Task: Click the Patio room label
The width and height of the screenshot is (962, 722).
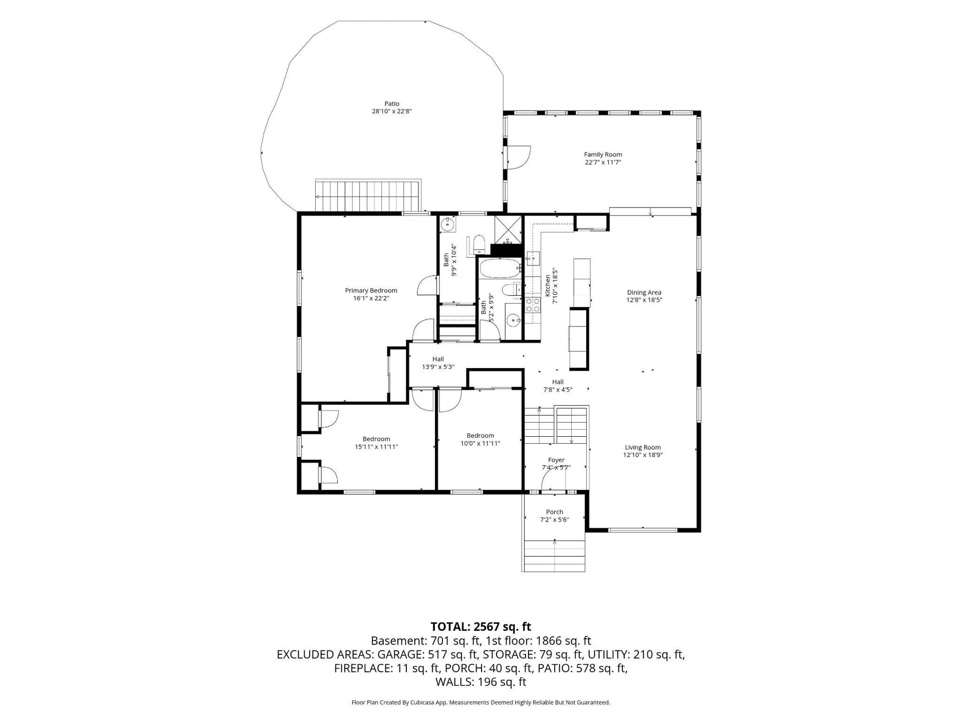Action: coord(392,104)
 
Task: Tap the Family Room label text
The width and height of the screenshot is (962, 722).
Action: coord(603,154)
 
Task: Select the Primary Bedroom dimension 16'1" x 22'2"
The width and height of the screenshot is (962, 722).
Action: coord(371,298)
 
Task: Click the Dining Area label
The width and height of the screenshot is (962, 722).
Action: coord(644,292)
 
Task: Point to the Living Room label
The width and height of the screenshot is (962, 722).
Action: coord(643,447)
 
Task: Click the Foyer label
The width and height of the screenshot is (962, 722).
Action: coord(556,460)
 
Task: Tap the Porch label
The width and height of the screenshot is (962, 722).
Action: coord(555,512)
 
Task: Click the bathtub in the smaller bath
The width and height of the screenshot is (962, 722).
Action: coord(500,268)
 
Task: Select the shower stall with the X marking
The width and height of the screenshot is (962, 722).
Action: coord(508,229)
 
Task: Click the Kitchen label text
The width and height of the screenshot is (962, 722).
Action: coord(548,284)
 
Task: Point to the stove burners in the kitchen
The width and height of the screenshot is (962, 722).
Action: coord(532,305)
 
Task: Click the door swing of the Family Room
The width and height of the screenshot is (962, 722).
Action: coord(519,157)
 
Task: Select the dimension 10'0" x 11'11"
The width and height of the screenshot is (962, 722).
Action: coord(480,443)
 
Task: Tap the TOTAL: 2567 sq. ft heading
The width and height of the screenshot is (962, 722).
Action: coord(480,627)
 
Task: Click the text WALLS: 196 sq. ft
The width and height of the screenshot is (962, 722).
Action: coord(480,682)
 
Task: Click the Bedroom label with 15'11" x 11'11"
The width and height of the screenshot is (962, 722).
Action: coord(376,443)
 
